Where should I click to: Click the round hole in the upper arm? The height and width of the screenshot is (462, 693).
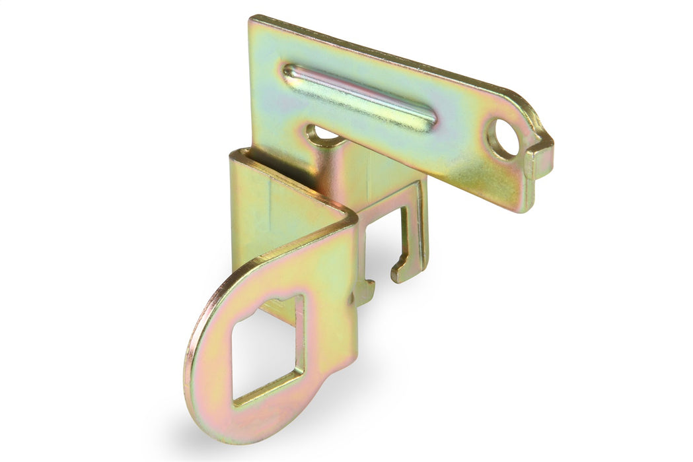click(503, 138)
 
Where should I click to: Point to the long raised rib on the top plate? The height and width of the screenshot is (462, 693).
click(360, 96)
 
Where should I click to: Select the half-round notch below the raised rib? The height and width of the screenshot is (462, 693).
click(324, 135)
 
